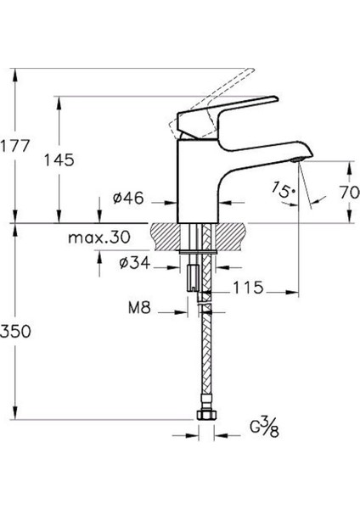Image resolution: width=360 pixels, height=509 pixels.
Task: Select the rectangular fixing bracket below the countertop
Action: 193,277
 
